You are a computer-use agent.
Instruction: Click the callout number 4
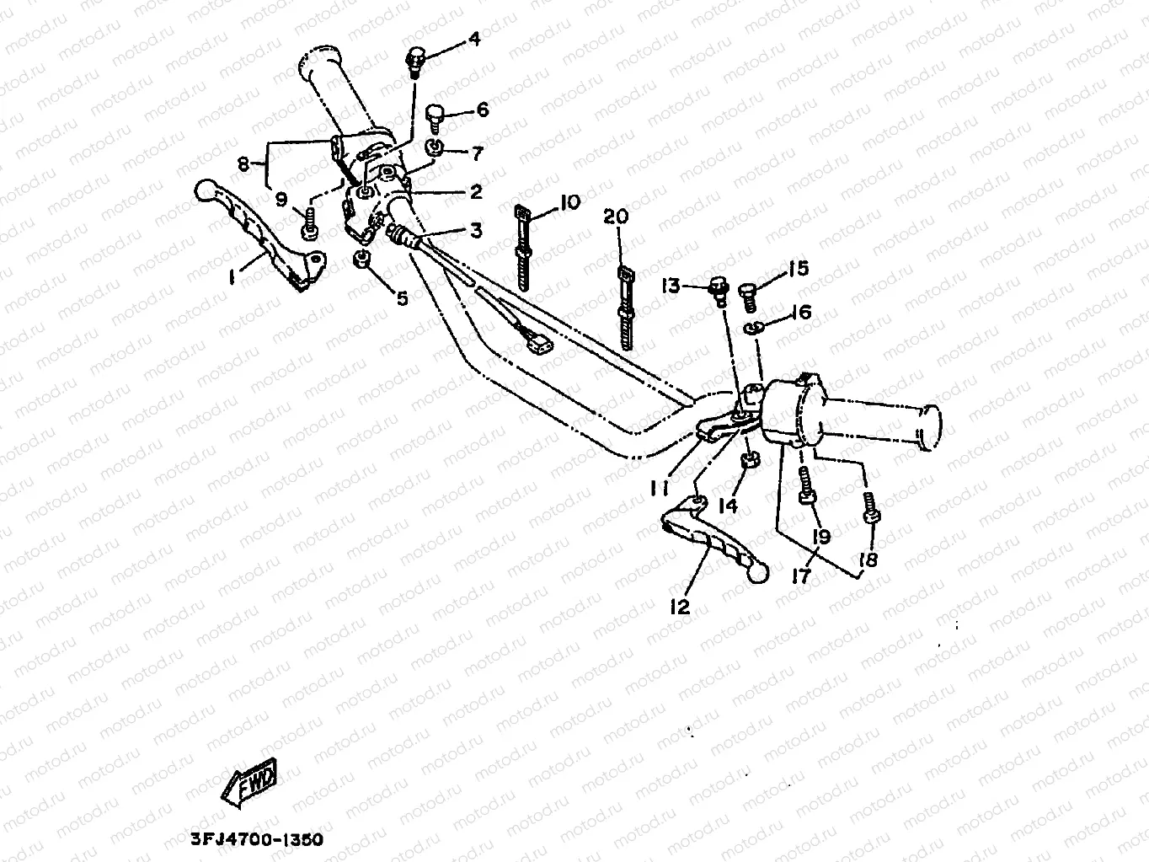click(x=474, y=39)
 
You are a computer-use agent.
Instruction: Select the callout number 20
click(x=617, y=217)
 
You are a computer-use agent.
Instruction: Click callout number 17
click(x=800, y=576)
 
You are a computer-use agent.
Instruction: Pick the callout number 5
click(x=402, y=297)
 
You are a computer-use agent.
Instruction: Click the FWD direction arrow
click(x=250, y=787)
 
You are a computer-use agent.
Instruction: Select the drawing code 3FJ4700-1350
click(x=250, y=840)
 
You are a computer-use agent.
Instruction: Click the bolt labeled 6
click(x=435, y=115)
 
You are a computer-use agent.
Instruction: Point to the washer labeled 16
click(x=754, y=327)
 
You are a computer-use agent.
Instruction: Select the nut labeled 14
click(x=748, y=460)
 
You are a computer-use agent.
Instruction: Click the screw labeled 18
click(x=871, y=509)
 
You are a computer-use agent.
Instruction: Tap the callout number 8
click(x=244, y=164)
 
